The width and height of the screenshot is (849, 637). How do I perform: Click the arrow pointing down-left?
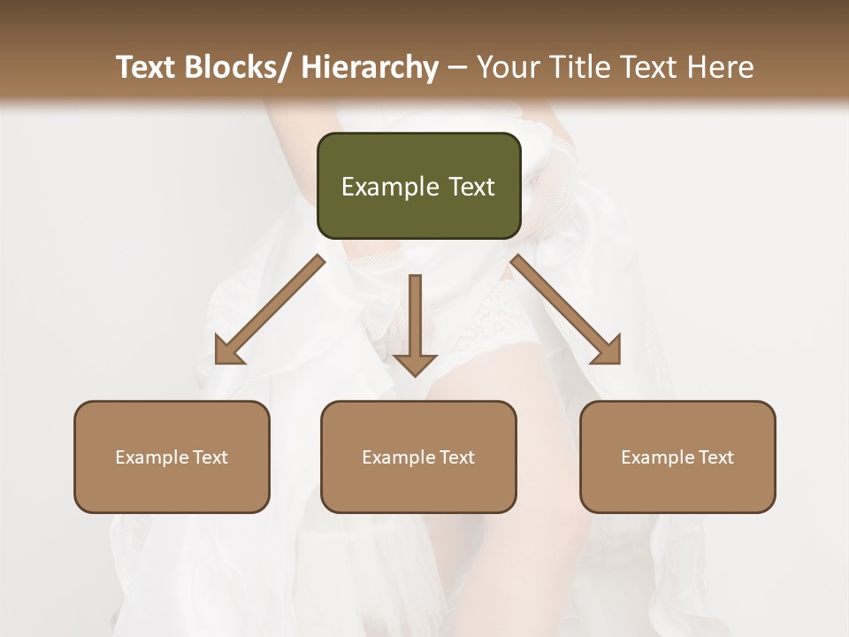tap(271, 309)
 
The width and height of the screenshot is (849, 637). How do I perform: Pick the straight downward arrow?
tap(415, 323)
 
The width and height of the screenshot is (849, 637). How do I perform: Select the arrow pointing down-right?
tap(566, 309)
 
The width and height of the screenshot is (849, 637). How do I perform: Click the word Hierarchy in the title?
tap(370, 67)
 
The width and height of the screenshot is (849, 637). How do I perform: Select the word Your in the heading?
tap(507, 67)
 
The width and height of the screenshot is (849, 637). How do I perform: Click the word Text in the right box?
tap(715, 457)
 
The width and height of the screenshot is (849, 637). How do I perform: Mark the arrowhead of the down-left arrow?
tap(226, 351)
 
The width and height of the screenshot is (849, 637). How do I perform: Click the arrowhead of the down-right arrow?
tap(608, 351)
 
